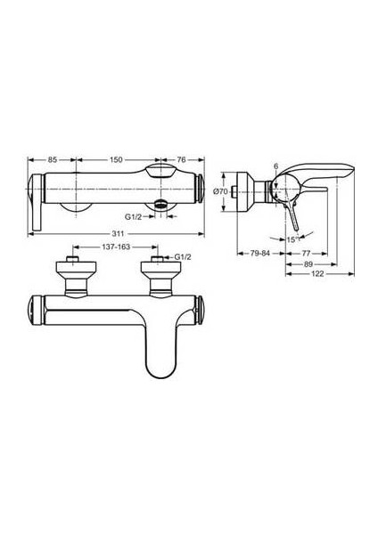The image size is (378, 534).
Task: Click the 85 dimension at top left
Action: (x=53, y=160)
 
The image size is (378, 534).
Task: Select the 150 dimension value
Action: (x=116, y=160)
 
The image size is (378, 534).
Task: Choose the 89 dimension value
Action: (x=308, y=263)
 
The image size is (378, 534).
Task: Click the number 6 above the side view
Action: (x=276, y=167)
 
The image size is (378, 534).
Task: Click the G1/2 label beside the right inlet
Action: (x=184, y=259)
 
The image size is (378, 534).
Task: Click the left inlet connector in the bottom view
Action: (x=73, y=274)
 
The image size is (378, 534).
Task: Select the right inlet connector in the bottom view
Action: (x=158, y=274)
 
